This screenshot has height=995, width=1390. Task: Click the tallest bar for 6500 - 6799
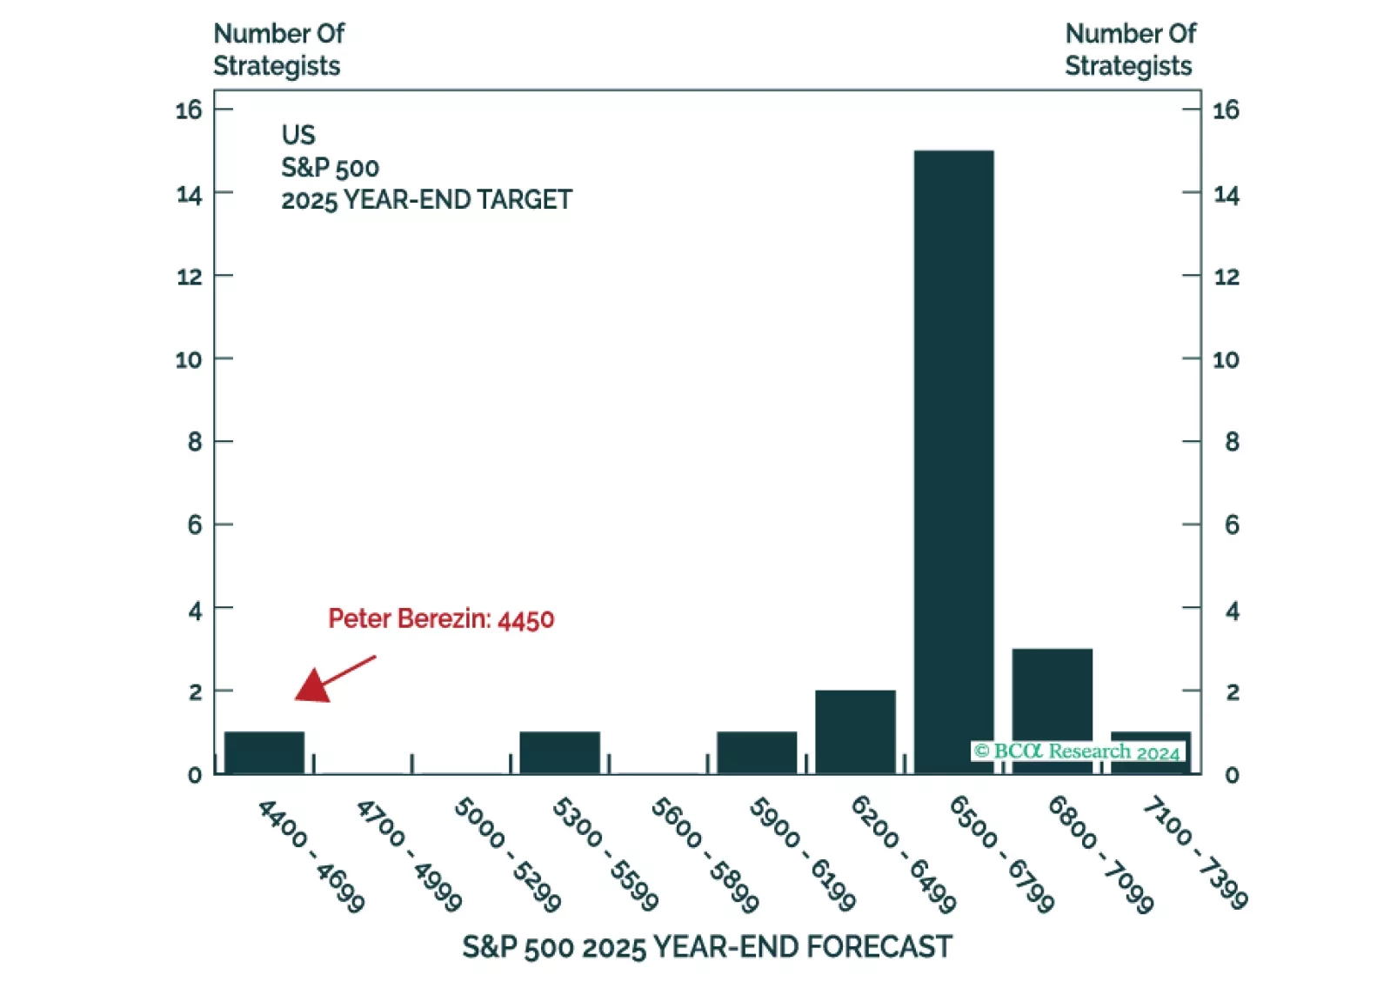953,461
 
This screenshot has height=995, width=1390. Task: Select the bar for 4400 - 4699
264,752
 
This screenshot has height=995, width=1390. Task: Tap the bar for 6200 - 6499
855,731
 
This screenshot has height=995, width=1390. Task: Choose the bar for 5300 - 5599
559,752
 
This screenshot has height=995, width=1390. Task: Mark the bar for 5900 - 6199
757,752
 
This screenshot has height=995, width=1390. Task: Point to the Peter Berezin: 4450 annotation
441,619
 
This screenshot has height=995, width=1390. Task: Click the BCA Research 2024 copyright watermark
1077,751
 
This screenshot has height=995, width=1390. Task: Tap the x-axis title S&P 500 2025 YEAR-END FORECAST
706,946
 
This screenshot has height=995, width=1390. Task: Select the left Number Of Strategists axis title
278,50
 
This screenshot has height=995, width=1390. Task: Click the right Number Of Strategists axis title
1130,50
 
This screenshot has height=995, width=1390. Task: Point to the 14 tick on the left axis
190,195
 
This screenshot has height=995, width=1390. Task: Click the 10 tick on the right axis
1226,359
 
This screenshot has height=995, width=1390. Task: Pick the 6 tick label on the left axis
195,524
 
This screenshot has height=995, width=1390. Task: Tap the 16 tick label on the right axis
1226,110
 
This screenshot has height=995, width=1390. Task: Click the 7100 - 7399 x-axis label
1194,852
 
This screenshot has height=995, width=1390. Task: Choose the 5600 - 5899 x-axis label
705,854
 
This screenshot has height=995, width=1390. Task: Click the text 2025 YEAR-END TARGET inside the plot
426,200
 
